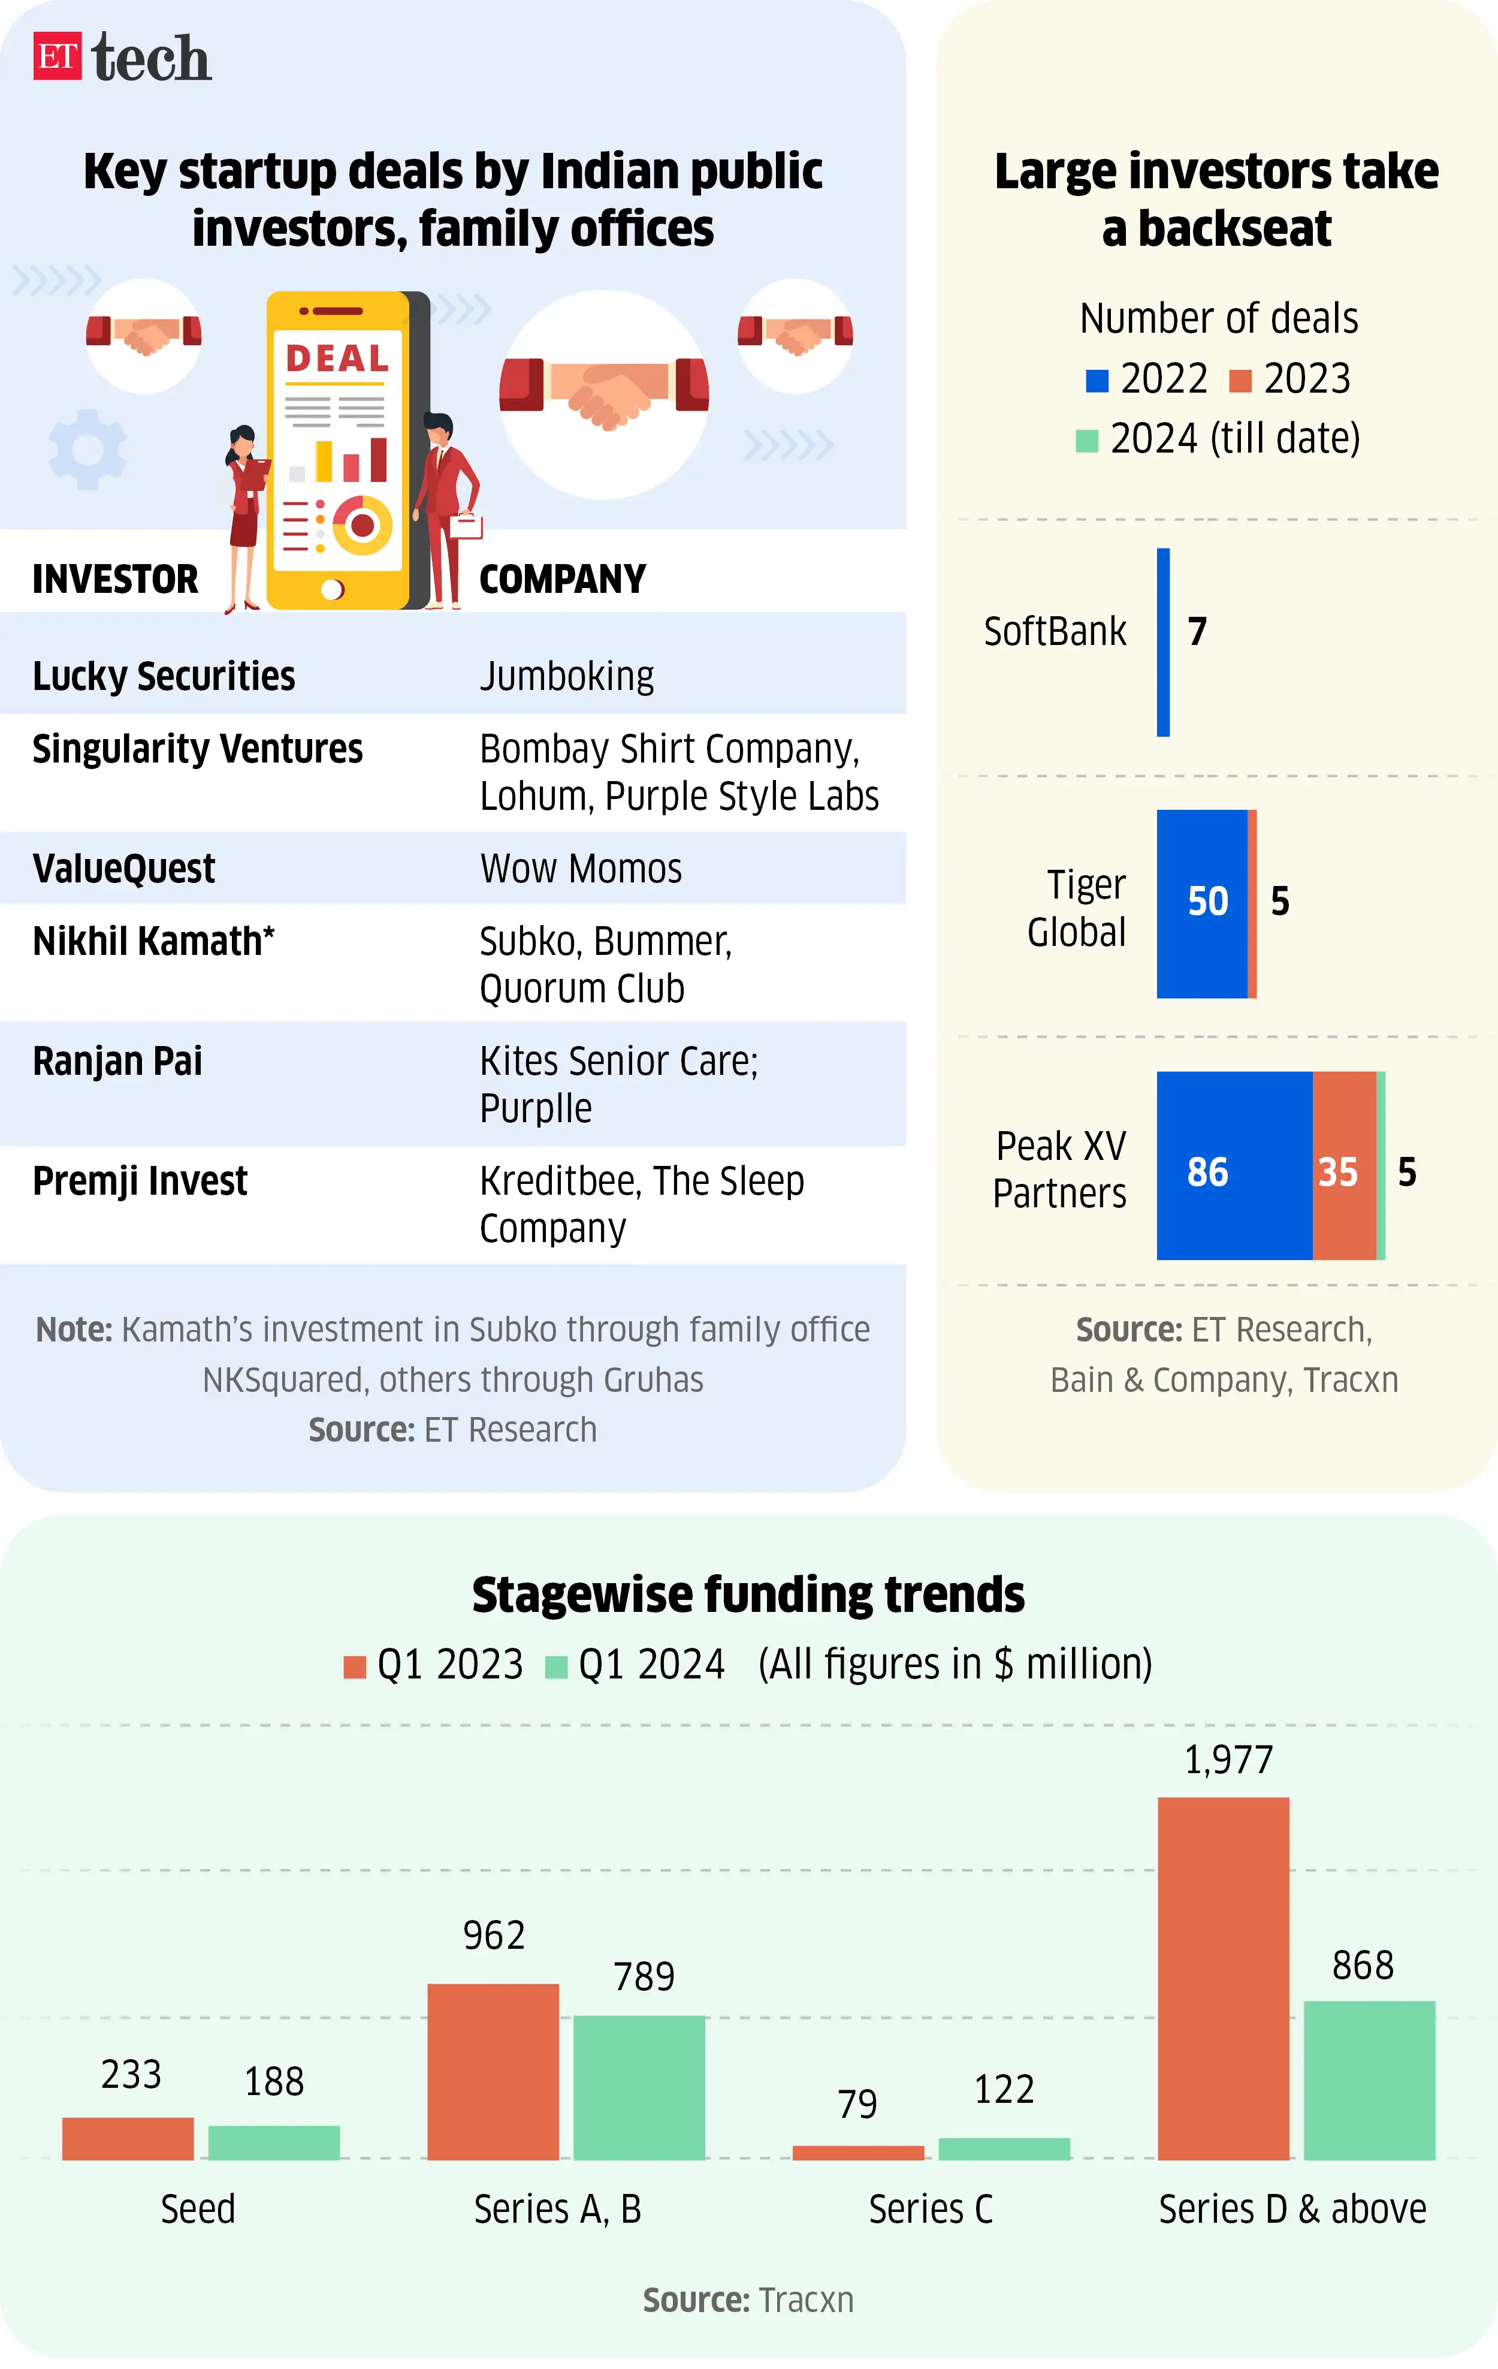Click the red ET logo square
[57, 56]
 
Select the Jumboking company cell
[567, 677]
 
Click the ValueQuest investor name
[124, 869]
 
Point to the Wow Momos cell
[580, 869]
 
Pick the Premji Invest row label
[140, 1180]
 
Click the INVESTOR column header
[115, 580]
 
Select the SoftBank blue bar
[1162, 641]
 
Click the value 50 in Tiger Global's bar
[1207, 901]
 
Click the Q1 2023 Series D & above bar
[1222, 1978]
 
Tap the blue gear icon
[87, 448]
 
